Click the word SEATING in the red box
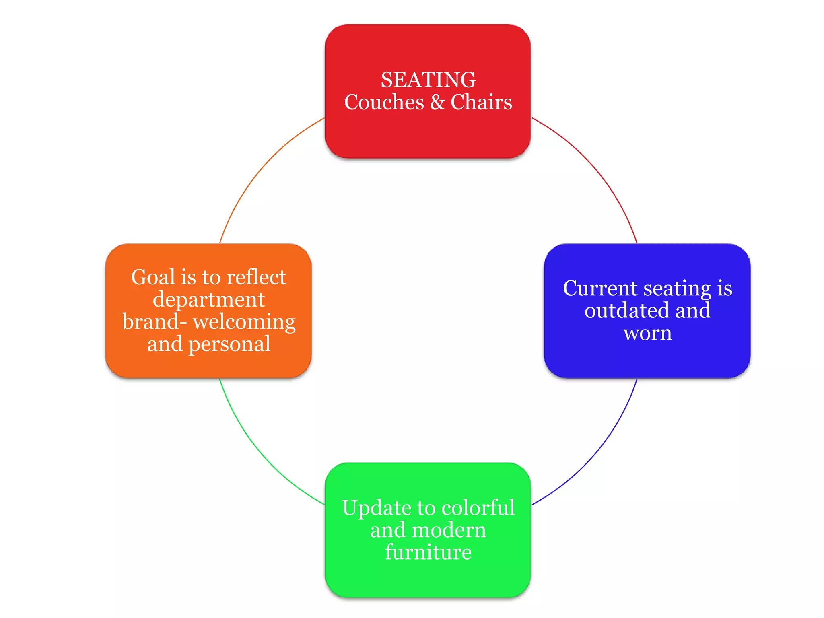click(x=428, y=80)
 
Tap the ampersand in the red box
click(x=437, y=102)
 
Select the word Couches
click(x=384, y=102)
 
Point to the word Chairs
click(x=481, y=102)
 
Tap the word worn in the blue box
click(x=647, y=333)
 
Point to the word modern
click(x=450, y=530)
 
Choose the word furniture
click(x=428, y=552)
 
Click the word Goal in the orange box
click(x=153, y=277)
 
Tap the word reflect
click(x=256, y=277)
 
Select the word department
click(x=208, y=300)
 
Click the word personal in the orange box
click(x=229, y=344)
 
